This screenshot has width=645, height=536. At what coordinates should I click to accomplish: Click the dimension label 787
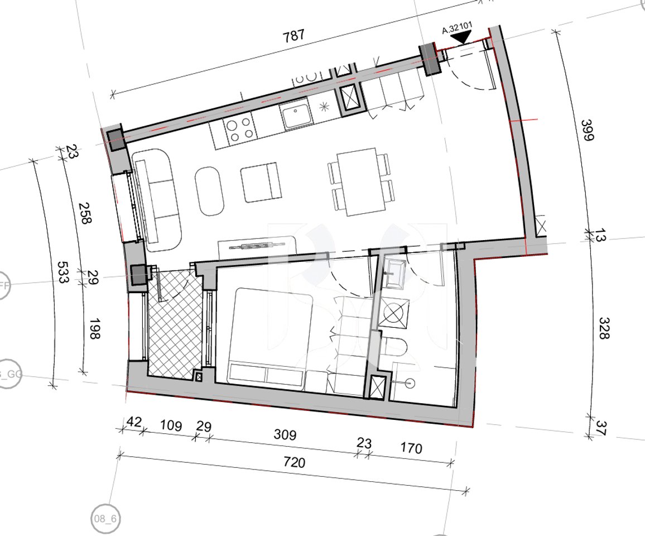(293, 35)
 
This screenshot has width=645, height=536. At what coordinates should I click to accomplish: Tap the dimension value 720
(295, 463)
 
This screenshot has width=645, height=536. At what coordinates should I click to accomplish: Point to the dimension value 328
(604, 328)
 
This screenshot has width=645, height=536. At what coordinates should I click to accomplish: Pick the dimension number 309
(285, 434)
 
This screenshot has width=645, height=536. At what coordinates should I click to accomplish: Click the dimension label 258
(85, 213)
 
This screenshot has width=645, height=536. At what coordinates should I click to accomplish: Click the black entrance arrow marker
(461, 38)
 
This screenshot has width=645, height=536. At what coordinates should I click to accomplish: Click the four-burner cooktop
(239, 129)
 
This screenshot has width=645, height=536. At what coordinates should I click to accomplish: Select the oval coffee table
(209, 189)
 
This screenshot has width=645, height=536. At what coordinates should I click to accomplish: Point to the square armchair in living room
(260, 182)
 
